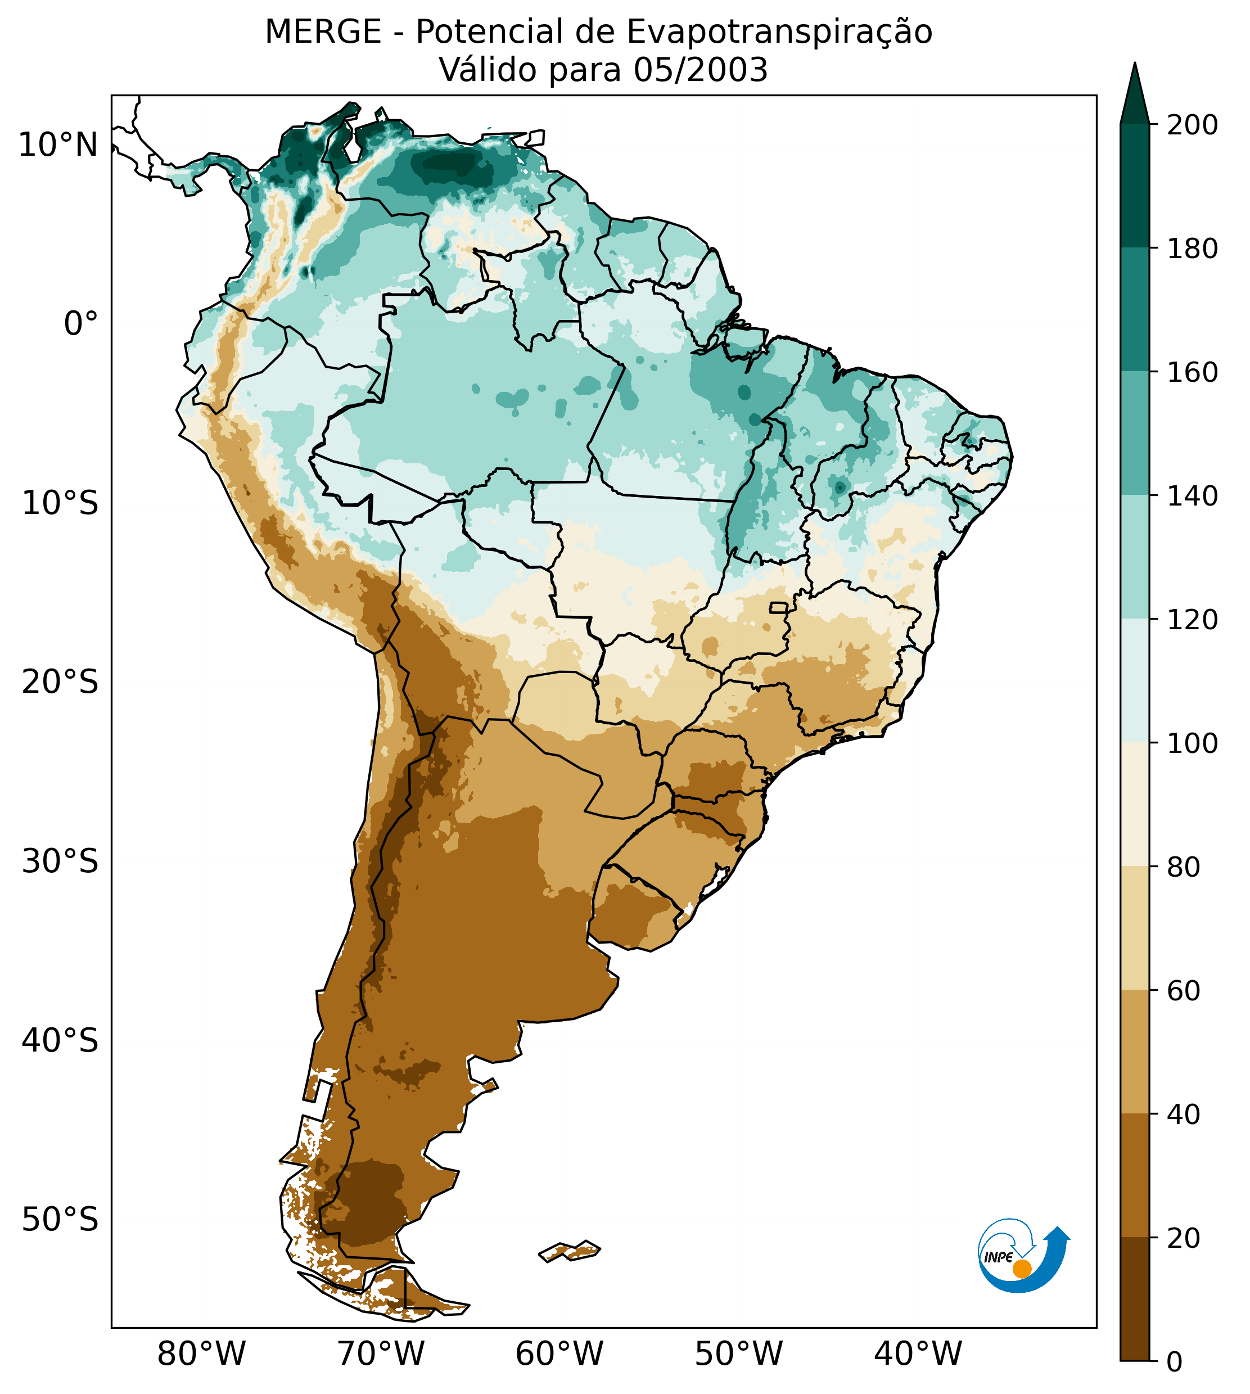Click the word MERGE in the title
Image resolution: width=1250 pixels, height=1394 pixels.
323,32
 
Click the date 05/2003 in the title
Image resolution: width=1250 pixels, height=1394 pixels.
700,70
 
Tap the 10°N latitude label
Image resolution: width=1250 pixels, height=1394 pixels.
58,145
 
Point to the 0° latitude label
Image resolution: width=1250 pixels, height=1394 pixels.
80,324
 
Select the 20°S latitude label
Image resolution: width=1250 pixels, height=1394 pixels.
60,683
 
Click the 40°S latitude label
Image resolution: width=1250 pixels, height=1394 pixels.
60,1041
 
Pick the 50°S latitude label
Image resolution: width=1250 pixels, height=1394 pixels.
60,1220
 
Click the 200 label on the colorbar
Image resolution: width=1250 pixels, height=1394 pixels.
1192,125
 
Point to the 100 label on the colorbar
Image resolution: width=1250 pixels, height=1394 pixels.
1192,743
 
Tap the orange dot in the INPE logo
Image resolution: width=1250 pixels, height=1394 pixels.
1022,1269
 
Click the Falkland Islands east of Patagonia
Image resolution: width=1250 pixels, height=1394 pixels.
570,1251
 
